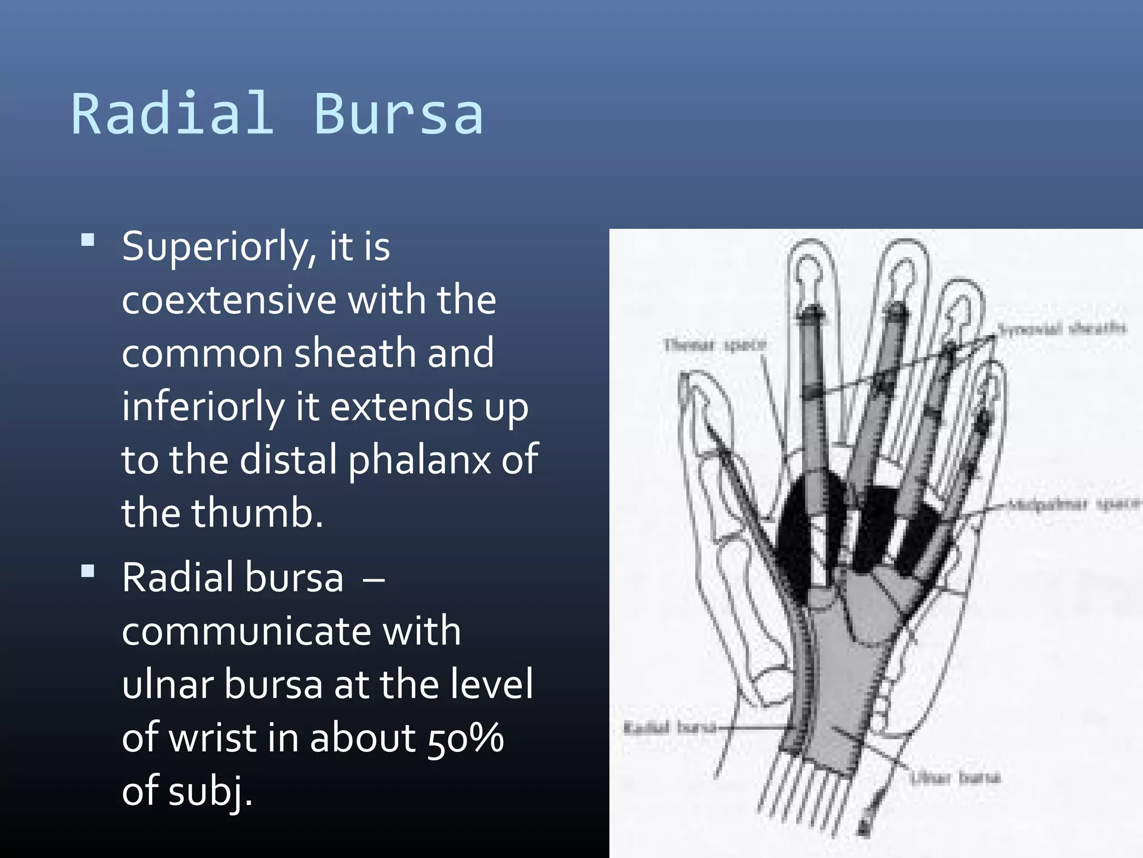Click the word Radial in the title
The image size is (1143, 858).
[x=173, y=115]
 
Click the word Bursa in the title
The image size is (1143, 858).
[x=398, y=115]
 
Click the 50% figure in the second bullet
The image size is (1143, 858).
[x=465, y=737]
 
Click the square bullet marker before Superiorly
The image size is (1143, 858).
[x=88, y=241]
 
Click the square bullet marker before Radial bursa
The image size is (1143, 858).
[x=88, y=571]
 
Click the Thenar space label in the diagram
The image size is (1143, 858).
[x=714, y=345]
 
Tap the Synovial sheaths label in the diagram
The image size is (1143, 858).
[x=1061, y=328]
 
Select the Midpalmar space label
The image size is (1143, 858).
[x=1072, y=504]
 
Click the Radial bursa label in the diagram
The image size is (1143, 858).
[x=669, y=727]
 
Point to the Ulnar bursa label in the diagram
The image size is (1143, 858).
[x=955, y=777]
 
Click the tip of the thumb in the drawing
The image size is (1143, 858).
[x=685, y=382]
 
